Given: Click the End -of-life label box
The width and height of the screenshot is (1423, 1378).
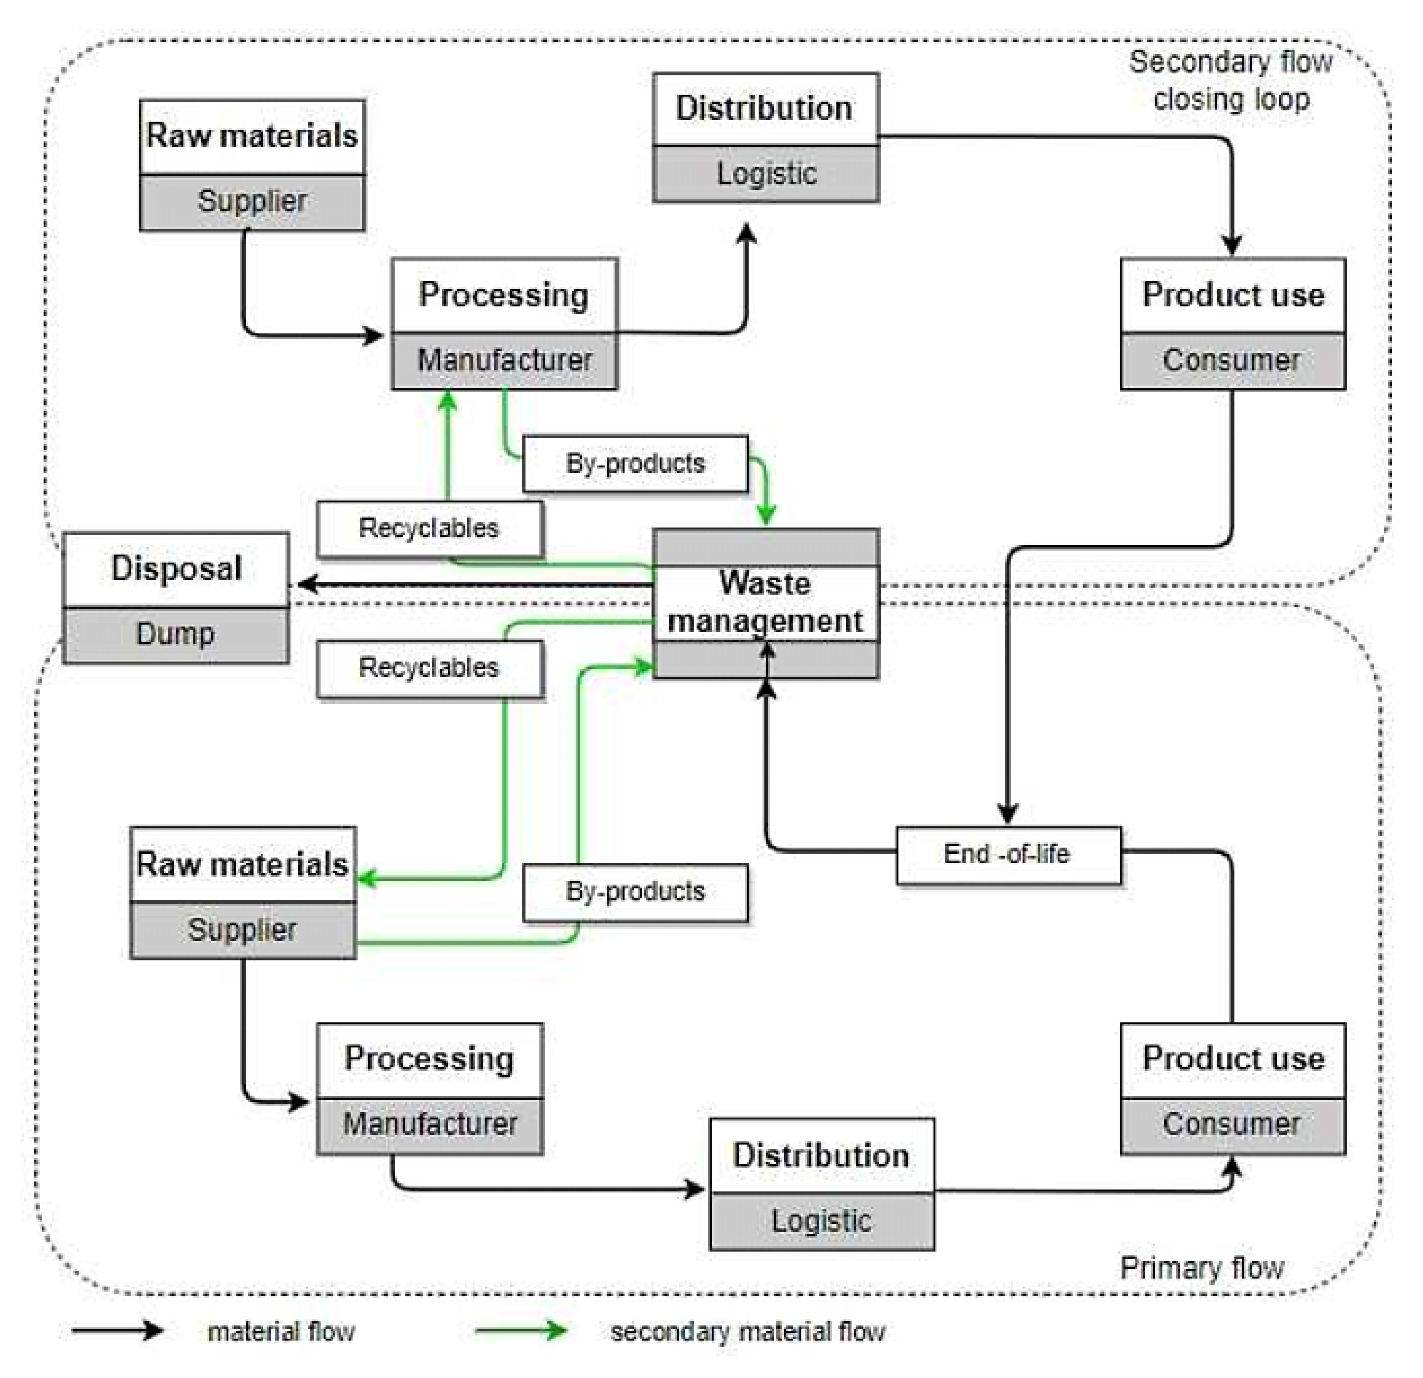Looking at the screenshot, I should (x=1008, y=855).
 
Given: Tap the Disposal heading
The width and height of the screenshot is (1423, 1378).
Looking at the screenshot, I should (x=176, y=568).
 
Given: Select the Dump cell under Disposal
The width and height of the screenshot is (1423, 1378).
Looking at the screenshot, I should (x=176, y=635).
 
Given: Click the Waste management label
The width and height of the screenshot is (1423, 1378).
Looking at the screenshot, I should (x=765, y=602).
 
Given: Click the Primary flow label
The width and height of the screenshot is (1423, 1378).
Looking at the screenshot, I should (x=1202, y=1267).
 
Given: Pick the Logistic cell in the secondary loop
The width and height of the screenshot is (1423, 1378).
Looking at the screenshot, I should (x=766, y=174).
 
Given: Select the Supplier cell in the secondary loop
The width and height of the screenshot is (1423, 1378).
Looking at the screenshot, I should (x=252, y=202).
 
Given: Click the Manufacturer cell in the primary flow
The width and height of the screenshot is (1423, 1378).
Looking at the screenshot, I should (x=430, y=1124).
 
